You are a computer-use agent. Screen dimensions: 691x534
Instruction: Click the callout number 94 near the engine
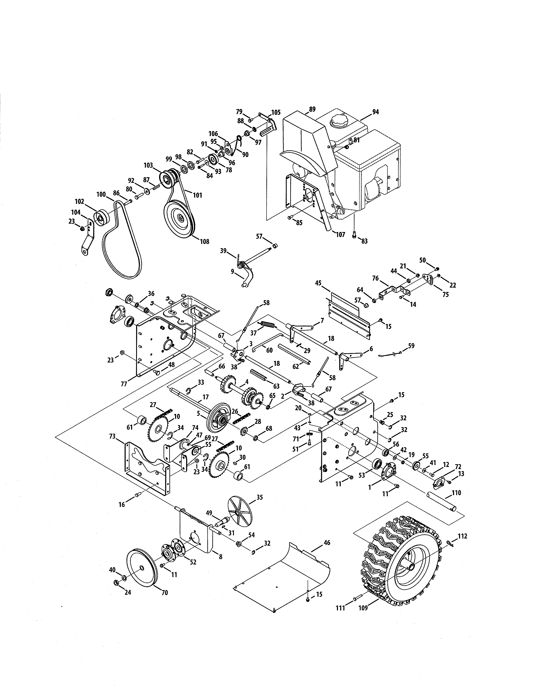coord(375,112)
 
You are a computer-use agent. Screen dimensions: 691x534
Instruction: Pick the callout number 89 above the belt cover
coord(312,109)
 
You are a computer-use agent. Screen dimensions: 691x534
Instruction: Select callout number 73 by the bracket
coord(112,437)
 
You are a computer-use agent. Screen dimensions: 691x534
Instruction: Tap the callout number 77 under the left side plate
coord(124,384)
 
